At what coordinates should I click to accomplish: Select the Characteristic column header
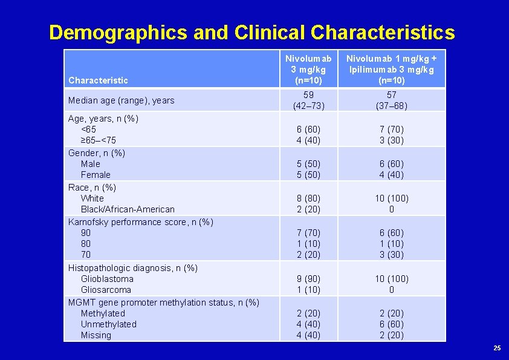point(99,80)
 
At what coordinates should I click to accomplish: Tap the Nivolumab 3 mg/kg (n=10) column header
point(308,70)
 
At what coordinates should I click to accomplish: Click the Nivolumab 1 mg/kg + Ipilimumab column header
point(391,70)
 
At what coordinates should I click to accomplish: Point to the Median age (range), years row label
point(122,100)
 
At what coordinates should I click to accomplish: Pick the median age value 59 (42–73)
point(308,100)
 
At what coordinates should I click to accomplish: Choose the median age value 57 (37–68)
point(391,100)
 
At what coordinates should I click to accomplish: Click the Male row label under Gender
point(91,164)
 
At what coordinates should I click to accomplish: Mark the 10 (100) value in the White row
point(391,198)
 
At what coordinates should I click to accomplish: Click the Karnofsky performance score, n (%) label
point(141,222)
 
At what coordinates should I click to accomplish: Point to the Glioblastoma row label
point(107,279)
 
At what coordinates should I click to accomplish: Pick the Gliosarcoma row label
point(106,290)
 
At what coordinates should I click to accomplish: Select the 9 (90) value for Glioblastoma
point(308,279)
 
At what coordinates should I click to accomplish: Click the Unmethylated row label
point(109,324)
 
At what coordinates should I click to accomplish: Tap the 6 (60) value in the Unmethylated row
point(391,324)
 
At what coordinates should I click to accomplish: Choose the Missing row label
point(96,335)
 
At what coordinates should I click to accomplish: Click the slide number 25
point(497,348)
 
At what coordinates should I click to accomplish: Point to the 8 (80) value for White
point(308,198)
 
